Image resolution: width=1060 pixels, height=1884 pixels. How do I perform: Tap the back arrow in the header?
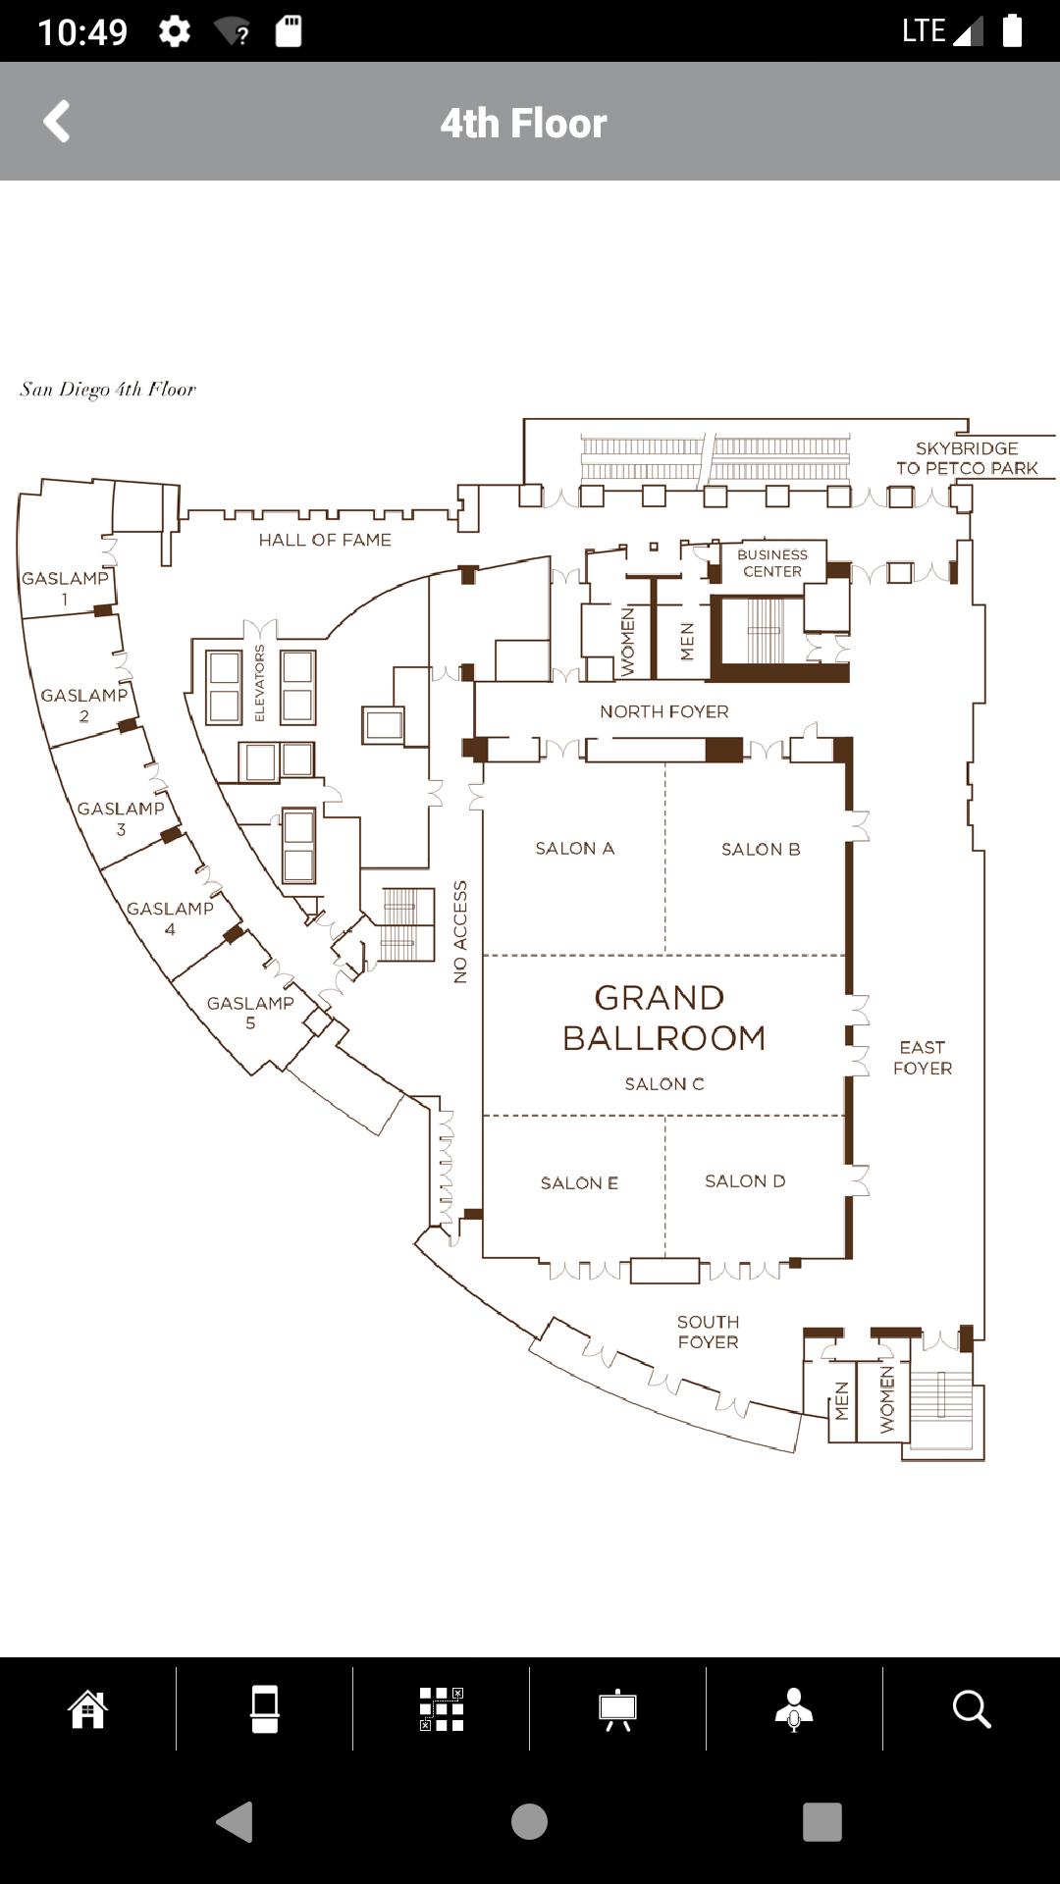(57, 122)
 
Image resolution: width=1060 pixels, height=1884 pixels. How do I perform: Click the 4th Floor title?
(523, 124)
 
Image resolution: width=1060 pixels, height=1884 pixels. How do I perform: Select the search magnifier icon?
(972, 1708)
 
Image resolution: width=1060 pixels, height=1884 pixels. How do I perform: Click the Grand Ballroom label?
(663, 1018)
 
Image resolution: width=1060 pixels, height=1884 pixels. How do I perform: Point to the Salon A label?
(574, 848)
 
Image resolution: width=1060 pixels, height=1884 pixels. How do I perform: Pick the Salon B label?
(761, 849)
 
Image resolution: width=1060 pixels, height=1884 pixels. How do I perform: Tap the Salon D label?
(745, 1180)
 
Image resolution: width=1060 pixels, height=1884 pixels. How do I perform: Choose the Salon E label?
(579, 1182)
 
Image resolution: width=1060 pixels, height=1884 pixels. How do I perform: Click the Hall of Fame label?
(325, 540)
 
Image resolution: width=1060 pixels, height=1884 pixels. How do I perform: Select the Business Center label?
(772, 563)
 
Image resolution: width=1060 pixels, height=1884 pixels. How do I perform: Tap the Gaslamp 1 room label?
(65, 588)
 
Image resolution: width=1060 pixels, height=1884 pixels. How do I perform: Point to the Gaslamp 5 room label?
(250, 1013)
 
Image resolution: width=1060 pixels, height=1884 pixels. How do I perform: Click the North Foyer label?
(664, 711)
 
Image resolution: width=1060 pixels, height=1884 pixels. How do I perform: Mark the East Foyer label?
(923, 1058)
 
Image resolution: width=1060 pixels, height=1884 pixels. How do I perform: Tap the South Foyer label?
(708, 1332)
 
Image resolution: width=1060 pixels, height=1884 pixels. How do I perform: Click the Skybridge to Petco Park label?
(967, 458)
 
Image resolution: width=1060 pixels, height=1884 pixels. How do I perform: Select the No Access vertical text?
(460, 932)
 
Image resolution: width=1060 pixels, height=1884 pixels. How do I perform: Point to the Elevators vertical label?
(260, 683)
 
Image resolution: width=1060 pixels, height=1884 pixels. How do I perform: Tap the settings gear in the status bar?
(175, 31)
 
